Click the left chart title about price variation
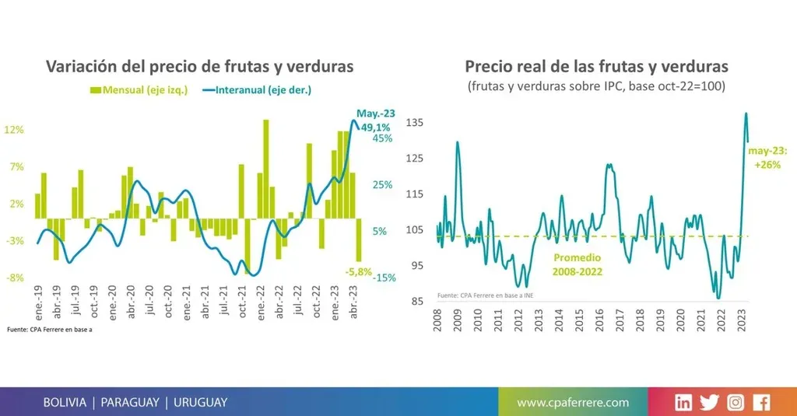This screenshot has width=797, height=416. [200, 67]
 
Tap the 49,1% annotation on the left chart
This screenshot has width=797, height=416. [375, 127]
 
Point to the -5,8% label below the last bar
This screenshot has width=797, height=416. [359, 272]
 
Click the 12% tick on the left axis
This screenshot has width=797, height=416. [14, 130]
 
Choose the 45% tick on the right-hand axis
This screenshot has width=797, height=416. [382, 138]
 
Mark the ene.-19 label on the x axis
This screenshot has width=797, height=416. [37, 301]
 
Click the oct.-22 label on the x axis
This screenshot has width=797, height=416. [317, 301]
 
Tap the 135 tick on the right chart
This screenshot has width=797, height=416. [415, 123]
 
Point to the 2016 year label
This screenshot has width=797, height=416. [599, 320]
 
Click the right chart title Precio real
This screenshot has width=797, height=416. [596, 67]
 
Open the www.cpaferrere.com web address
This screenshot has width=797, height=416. [573, 402]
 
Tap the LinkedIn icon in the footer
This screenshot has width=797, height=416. [683, 402]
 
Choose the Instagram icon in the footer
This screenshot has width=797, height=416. [736, 402]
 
